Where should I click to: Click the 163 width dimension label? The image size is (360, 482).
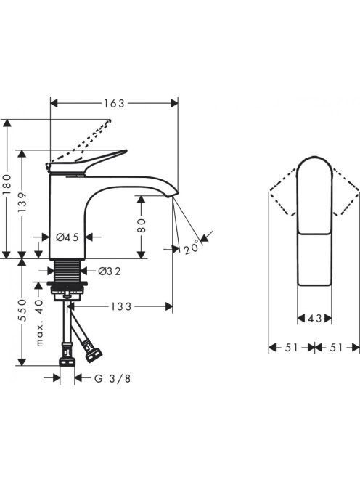tap(114, 104)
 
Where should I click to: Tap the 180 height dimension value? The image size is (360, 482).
tap(7, 184)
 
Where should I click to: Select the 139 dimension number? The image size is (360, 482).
tap(22, 202)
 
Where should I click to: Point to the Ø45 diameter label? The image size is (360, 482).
tap(67, 237)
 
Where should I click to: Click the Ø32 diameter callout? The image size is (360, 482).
tap(110, 271)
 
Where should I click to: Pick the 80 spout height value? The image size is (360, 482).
tap(141, 226)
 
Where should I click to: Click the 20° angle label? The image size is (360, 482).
tap(191, 247)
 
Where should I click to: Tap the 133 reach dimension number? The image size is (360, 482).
tap(120, 306)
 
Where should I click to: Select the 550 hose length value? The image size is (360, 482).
tap(22, 310)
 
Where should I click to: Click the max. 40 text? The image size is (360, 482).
tap(39, 323)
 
